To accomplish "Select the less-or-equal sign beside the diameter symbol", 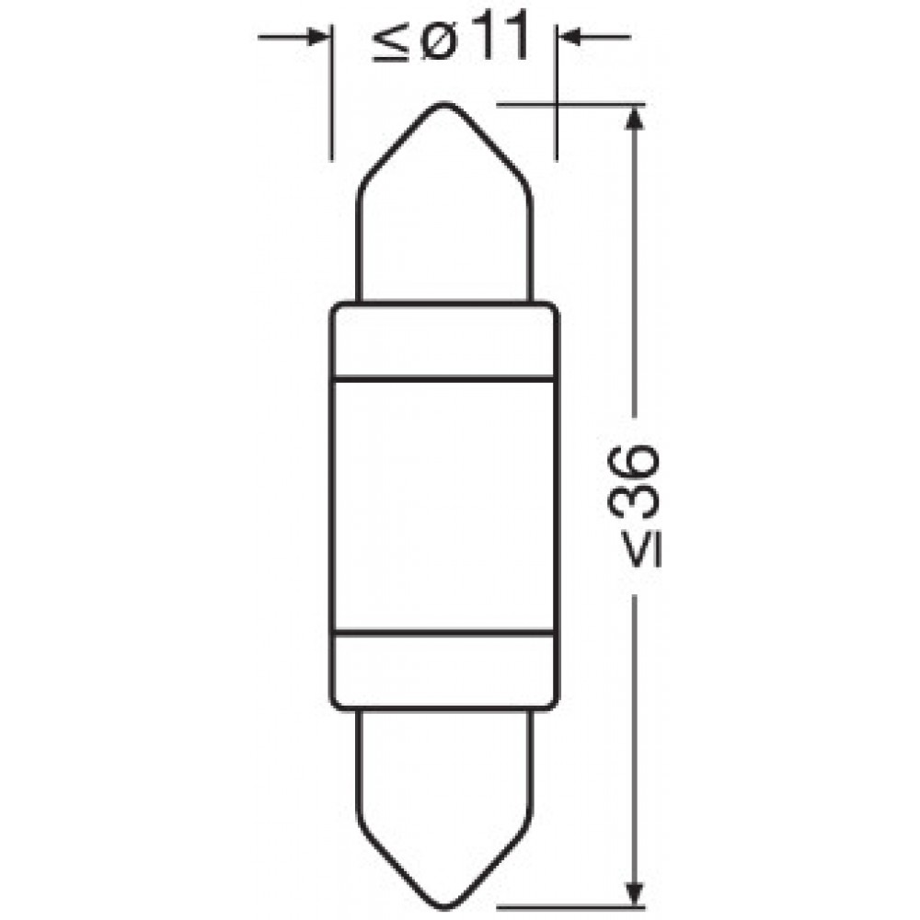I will tap(387, 43).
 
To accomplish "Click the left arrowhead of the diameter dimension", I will tap(318, 38).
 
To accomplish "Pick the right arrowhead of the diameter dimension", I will tap(569, 38).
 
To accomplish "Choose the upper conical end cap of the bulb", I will tap(443, 212).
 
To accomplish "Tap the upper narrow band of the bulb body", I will tap(443, 340).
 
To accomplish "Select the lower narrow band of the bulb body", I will tap(443, 670).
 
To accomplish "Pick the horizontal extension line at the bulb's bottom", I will tap(570, 907).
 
